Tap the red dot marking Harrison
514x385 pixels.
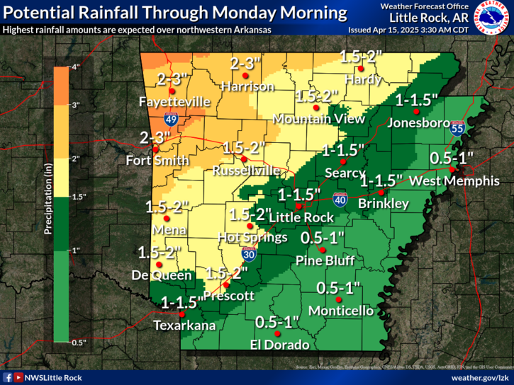coord(245,75)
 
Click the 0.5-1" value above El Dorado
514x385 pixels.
coord(277,321)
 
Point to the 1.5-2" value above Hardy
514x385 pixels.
coord(361,55)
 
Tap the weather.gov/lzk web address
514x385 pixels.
coord(476,377)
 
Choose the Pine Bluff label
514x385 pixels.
coord(325,260)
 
